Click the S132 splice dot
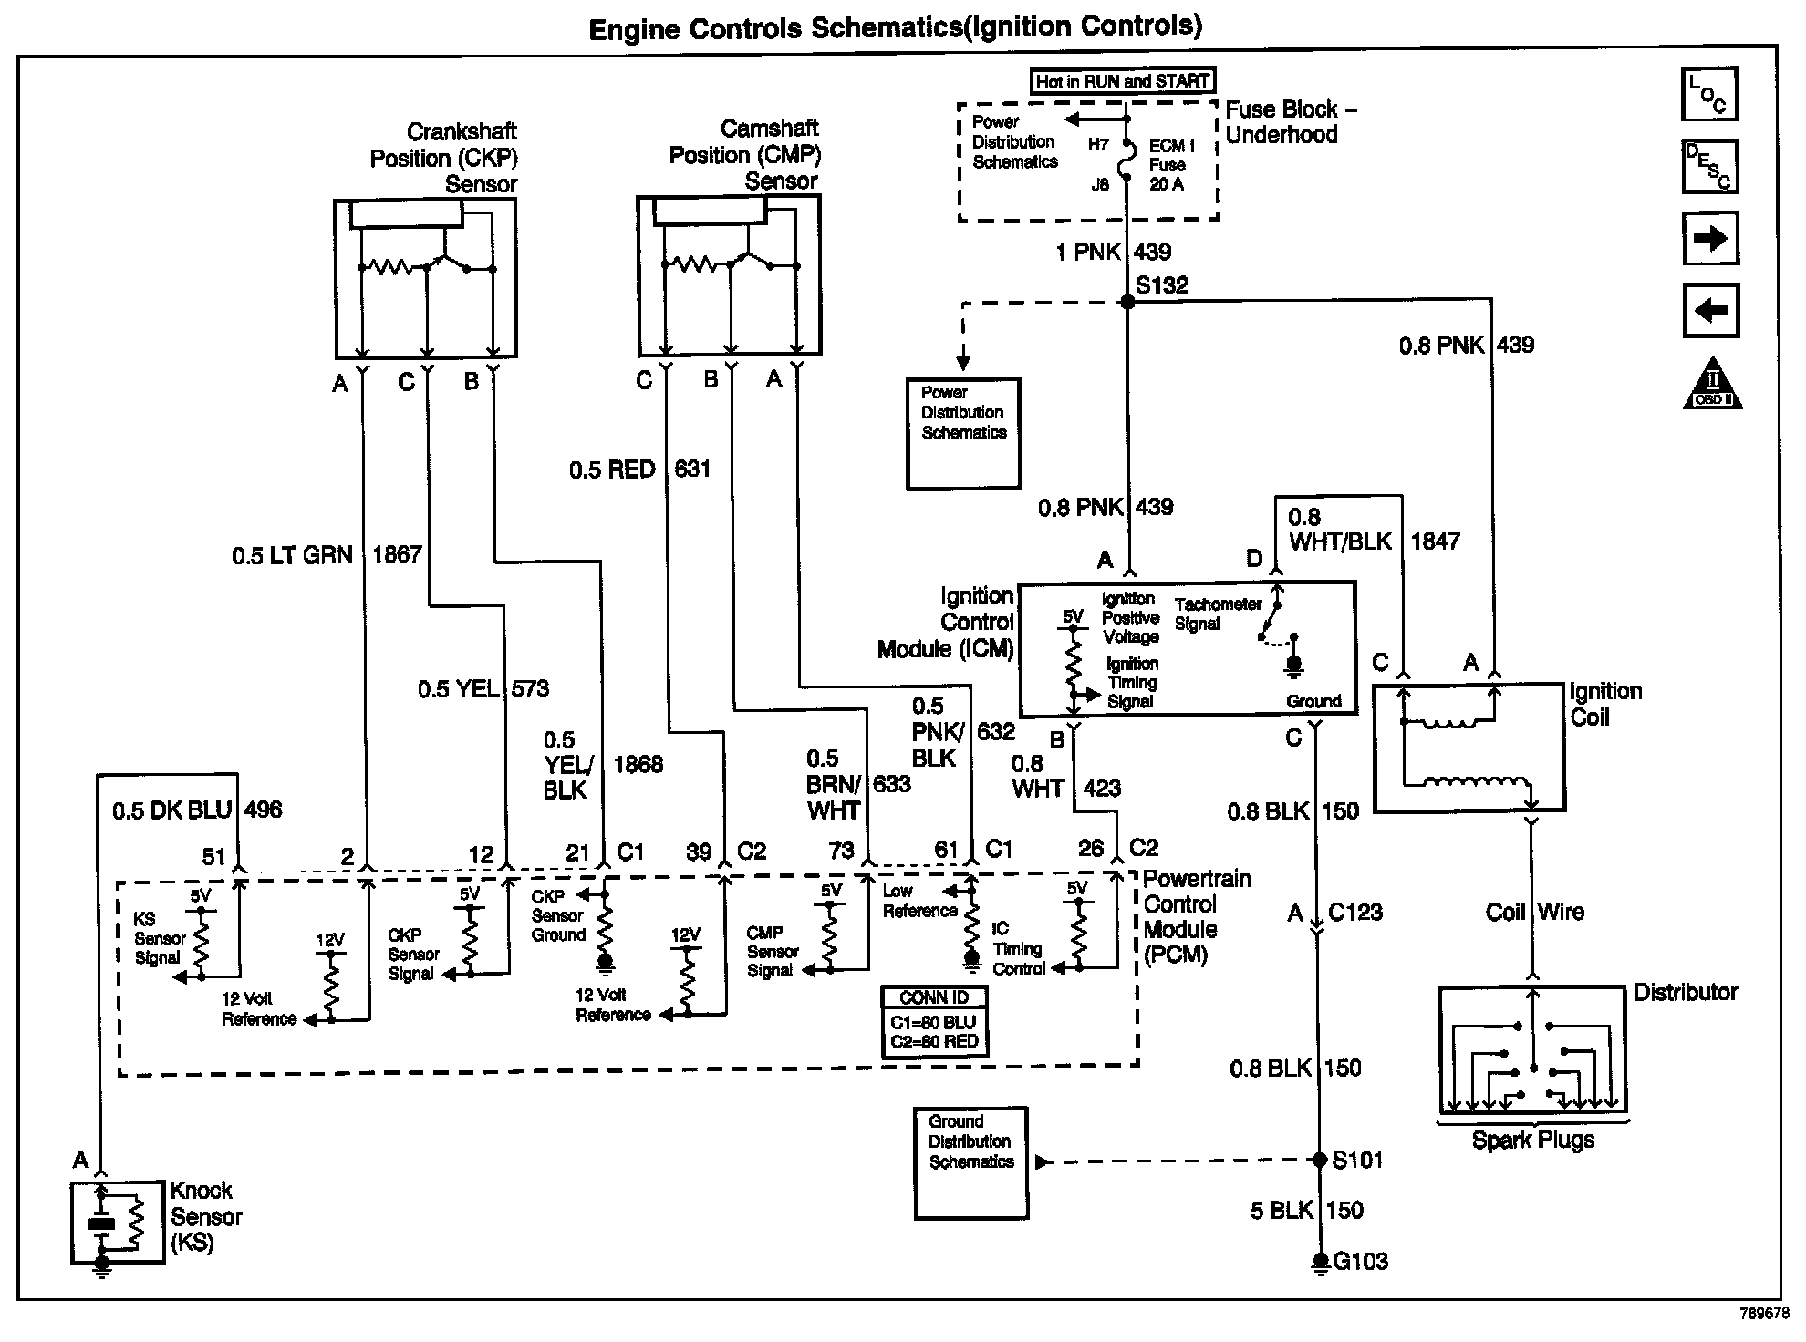pyautogui.click(x=1127, y=302)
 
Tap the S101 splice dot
pyautogui.click(x=1318, y=1160)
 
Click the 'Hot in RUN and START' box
pyautogui.click(x=1123, y=81)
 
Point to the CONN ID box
pyautogui.click(x=935, y=1022)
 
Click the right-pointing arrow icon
pyautogui.click(x=1710, y=239)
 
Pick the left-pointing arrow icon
pyautogui.click(x=1710, y=310)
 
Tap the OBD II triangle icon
pyautogui.click(x=1712, y=384)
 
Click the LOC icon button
pyautogui.click(x=1709, y=94)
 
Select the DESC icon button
pyautogui.click(x=1709, y=167)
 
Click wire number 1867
pyautogui.click(x=397, y=554)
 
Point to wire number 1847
pyautogui.click(x=1435, y=542)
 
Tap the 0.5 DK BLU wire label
pyautogui.click(x=172, y=810)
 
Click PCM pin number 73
pyautogui.click(x=841, y=852)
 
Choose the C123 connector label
pyautogui.click(x=1354, y=913)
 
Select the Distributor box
pyautogui.click(x=1533, y=1049)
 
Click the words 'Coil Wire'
pyautogui.click(x=1534, y=912)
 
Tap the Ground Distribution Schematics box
pyautogui.click(x=970, y=1162)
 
